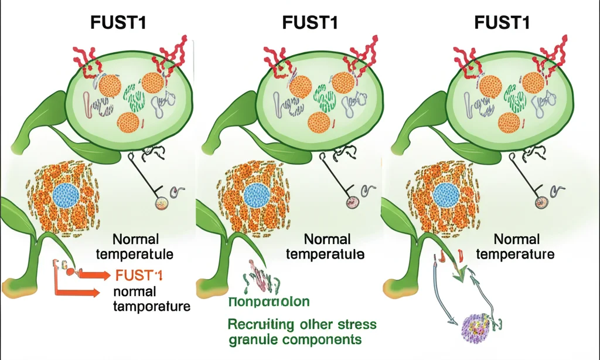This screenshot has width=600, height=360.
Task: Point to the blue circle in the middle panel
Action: [255, 195]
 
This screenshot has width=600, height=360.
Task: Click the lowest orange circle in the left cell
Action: [129, 123]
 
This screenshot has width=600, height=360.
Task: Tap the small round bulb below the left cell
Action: [161, 203]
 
